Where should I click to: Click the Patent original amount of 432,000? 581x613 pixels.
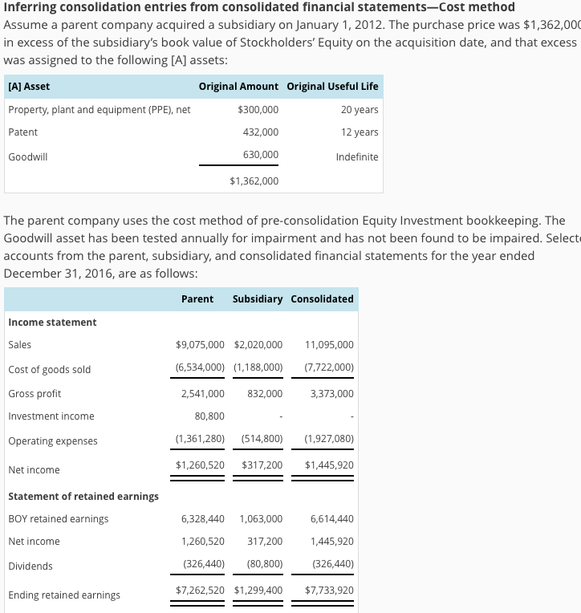[x=262, y=132]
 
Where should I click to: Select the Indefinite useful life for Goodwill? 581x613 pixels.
[x=357, y=157]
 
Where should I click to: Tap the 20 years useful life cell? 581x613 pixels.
[x=359, y=109]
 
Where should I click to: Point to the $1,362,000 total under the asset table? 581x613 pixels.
[x=254, y=181]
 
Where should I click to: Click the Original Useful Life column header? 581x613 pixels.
[x=332, y=86]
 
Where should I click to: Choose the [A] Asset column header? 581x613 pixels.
[x=29, y=86]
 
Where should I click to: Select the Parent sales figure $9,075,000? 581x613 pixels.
[x=200, y=345]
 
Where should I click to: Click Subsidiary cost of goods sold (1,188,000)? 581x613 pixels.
[x=258, y=369]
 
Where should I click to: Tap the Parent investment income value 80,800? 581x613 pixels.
[x=209, y=416]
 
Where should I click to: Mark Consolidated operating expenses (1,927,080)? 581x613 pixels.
[x=329, y=440]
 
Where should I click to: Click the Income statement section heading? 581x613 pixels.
[x=52, y=322]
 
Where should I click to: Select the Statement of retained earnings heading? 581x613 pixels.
[x=83, y=496]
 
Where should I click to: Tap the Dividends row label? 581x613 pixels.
[x=30, y=566]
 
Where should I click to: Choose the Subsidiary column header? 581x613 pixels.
[x=257, y=298]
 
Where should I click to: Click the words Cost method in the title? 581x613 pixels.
[x=477, y=7]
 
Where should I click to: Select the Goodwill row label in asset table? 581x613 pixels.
[x=28, y=157]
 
